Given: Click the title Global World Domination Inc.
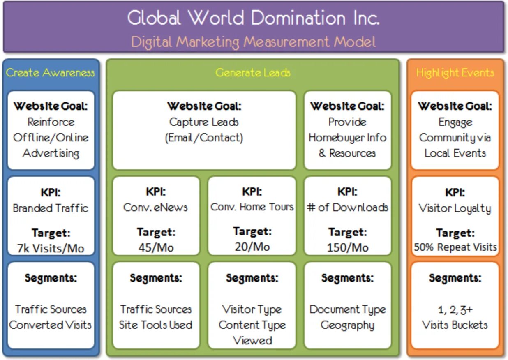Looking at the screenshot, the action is click(253, 18).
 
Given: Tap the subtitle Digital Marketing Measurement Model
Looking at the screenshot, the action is click(253, 42).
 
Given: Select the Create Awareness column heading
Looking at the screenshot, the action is click(51, 73).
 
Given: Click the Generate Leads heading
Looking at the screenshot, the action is click(253, 73).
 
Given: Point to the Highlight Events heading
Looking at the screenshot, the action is click(455, 73).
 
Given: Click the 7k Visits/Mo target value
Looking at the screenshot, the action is click(51, 248).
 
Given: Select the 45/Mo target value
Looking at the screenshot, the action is click(156, 247).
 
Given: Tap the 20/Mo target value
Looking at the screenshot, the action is click(252, 247).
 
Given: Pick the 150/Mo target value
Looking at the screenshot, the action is click(347, 247).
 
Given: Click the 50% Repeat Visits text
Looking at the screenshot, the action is click(455, 247).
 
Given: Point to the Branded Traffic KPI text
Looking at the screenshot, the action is click(51, 208).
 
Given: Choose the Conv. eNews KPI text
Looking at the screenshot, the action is click(156, 207).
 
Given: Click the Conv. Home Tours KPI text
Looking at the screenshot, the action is click(252, 207).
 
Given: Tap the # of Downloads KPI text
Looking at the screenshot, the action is click(347, 207).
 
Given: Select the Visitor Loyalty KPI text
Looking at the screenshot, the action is click(455, 208).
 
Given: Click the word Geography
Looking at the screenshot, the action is click(347, 325).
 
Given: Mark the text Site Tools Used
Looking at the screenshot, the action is click(156, 325).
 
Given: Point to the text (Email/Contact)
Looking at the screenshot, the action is click(204, 137).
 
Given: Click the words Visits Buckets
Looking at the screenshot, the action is click(455, 325).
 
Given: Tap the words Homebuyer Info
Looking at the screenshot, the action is click(347, 137).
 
